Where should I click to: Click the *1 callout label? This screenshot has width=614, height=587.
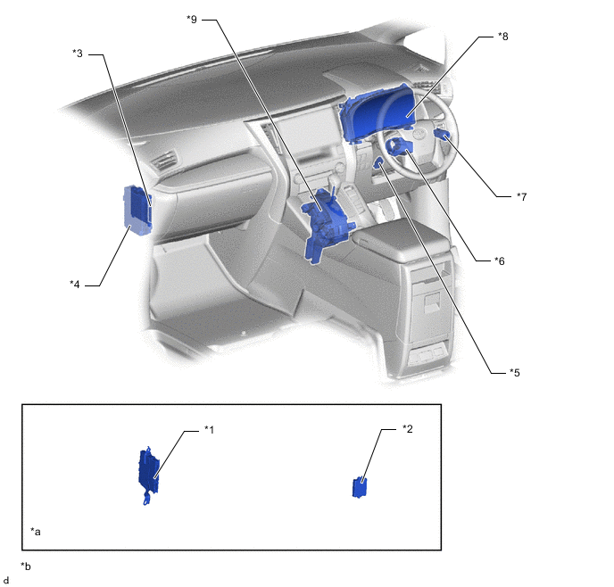tap(210, 430)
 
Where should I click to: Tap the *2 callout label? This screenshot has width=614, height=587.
tap(408, 429)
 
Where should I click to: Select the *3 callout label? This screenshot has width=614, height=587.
tap(78, 54)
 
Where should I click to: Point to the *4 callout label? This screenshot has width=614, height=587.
tap(75, 285)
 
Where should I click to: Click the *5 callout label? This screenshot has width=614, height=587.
tap(515, 373)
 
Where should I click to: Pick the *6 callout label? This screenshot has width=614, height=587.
tap(500, 260)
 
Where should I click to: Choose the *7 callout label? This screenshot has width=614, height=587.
tap(522, 196)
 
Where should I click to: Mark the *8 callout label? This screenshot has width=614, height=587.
tap(503, 37)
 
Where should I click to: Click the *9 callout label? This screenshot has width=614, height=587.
tap(192, 19)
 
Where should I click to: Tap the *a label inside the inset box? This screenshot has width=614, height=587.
tap(36, 532)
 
